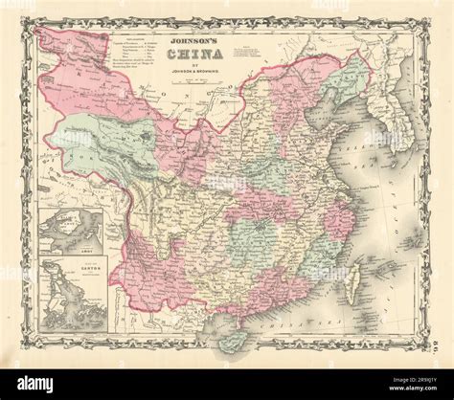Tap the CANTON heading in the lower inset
63,263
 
